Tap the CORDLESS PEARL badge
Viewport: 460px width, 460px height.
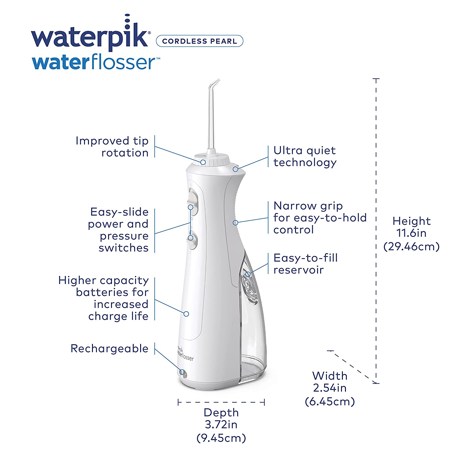pyautogui.click(x=200, y=41)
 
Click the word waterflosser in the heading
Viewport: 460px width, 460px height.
pyautogui.click(x=96, y=62)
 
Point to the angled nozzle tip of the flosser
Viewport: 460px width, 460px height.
pyautogui.click(x=215, y=83)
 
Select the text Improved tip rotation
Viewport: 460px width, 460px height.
pyautogui.click(x=112, y=147)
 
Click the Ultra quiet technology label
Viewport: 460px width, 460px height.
pyautogui.click(x=305, y=156)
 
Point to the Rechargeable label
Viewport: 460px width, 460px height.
pyautogui.click(x=109, y=348)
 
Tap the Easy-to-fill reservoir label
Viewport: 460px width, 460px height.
pyautogui.click(x=305, y=264)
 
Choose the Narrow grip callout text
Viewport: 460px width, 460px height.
pyautogui.click(x=320, y=217)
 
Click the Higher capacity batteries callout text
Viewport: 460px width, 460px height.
pyautogui.click(x=103, y=298)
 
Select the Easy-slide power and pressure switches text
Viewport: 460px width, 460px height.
pyautogui.click(x=118, y=230)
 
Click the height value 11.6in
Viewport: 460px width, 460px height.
pyautogui.click(x=412, y=233)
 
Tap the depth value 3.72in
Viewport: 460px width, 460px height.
pyautogui.click(x=221, y=425)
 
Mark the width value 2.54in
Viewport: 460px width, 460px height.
pyautogui.click(x=330, y=388)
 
